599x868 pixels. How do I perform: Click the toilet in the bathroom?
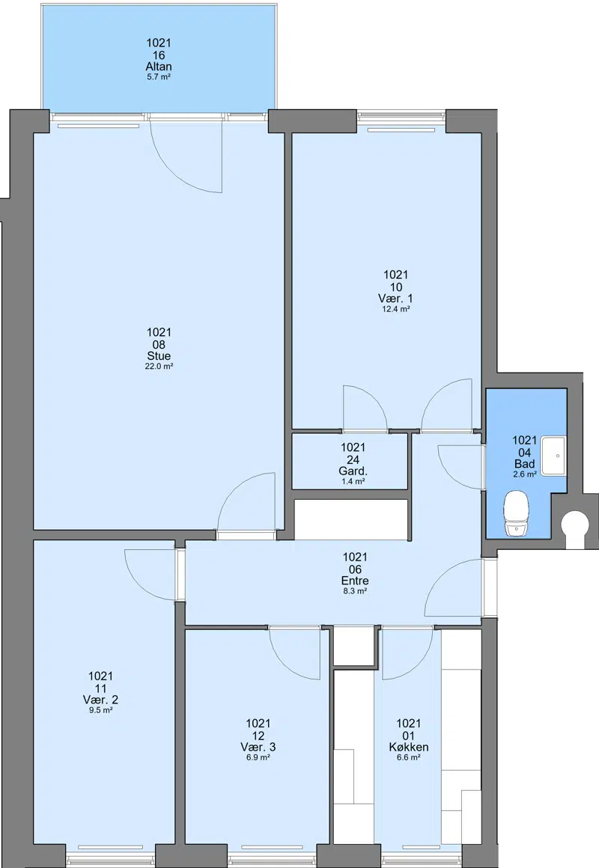(x=517, y=515)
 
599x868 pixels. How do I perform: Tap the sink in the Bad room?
(x=553, y=456)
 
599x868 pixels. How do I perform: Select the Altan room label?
(x=159, y=67)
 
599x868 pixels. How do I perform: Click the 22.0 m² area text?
(x=159, y=366)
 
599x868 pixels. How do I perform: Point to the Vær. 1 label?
(x=395, y=299)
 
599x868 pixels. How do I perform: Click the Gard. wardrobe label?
(x=353, y=471)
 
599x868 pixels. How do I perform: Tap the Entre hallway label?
(x=355, y=581)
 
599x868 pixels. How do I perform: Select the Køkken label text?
(x=408, y=747)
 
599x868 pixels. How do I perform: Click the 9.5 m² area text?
(x=101, y=709)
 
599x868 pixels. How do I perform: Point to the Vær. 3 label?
(x=258, y=747)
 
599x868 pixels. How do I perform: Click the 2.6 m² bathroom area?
(x=524, y=474)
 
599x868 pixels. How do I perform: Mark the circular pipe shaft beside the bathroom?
(x=574, y=524)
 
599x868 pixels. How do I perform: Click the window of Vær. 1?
(x=401, y=116)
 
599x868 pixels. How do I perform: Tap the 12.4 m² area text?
(x=395, y=309)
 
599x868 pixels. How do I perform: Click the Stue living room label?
(x=159, y=356)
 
